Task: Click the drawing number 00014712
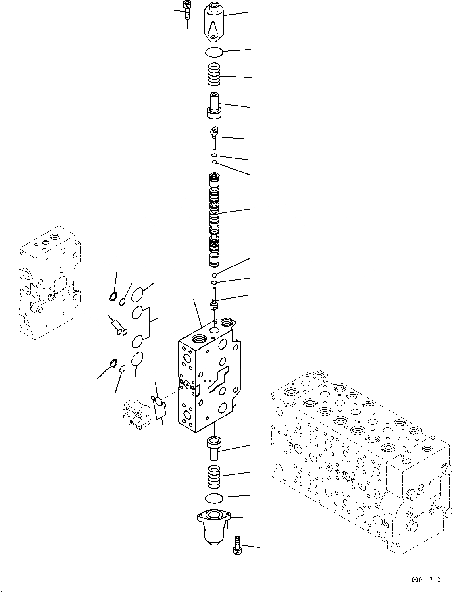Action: click(425, 580)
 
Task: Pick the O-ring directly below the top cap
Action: click(213, 52)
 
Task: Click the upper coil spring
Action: click(214, 75)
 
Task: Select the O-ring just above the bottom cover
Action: click(214, 498)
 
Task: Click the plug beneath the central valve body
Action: click(214, 447)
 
